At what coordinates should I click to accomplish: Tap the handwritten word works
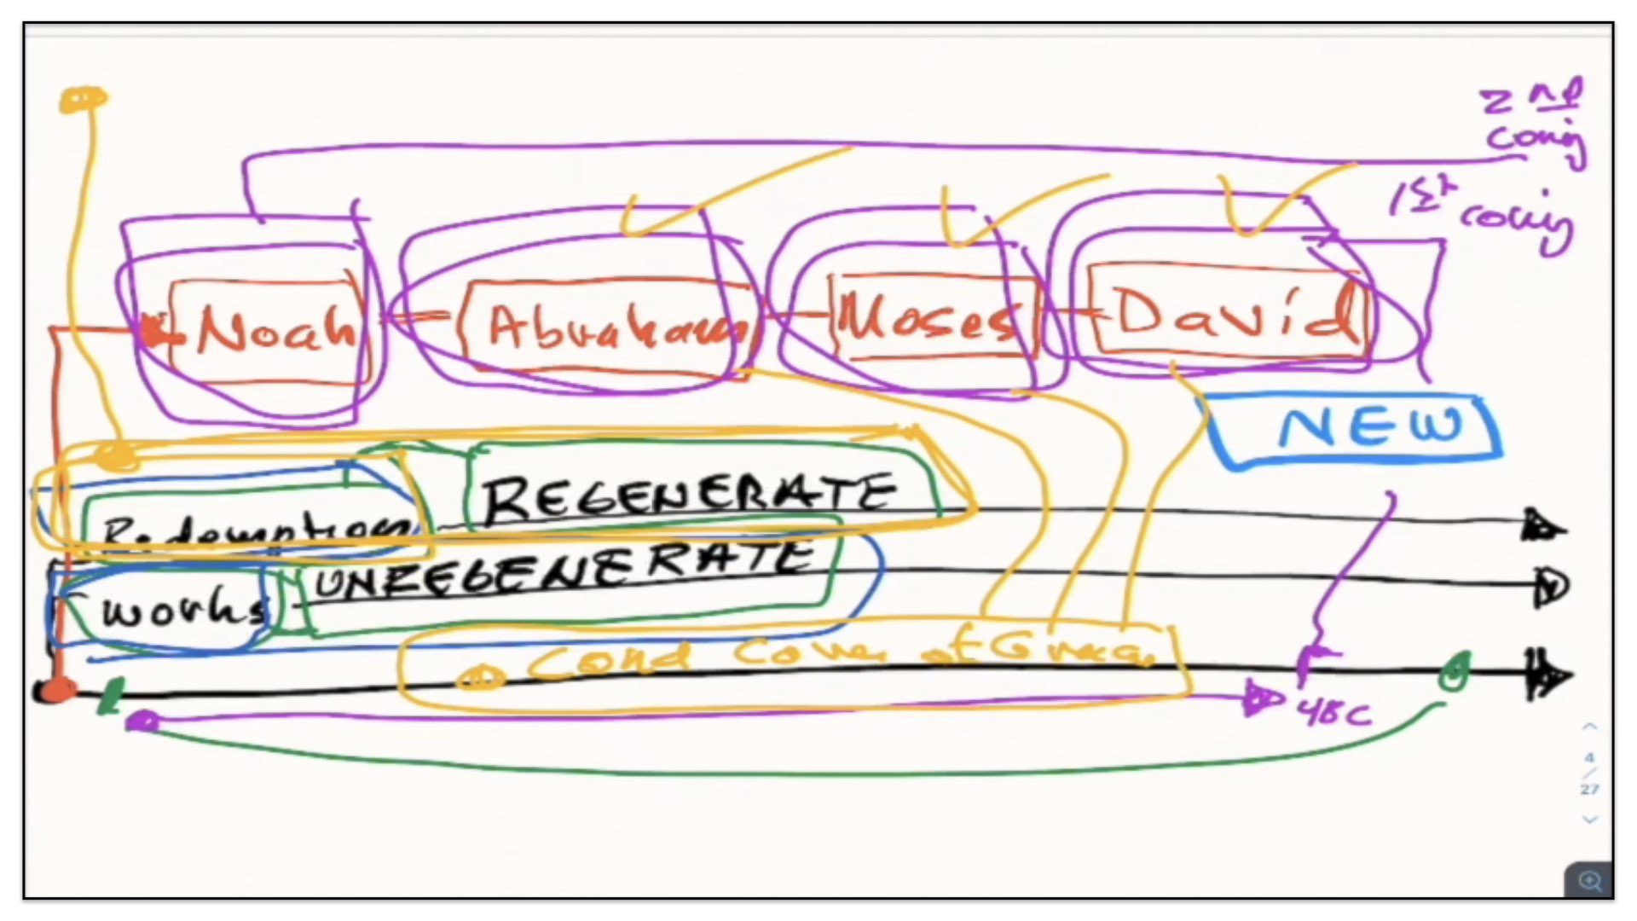click(183, 607)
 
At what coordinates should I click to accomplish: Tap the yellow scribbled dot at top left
click(83, 100)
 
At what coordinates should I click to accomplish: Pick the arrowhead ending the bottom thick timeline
click(1547, 676)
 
